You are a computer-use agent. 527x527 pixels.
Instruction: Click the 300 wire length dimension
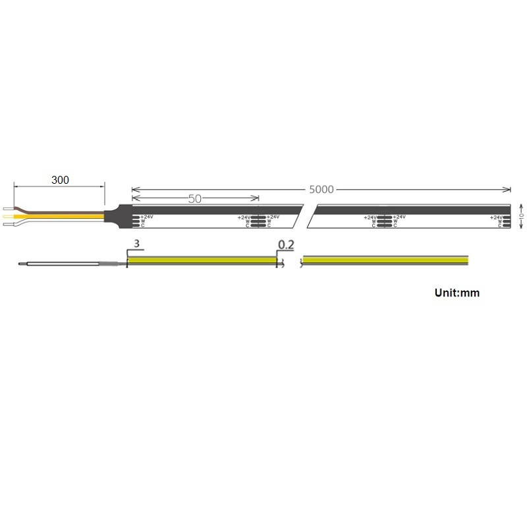point(60,179)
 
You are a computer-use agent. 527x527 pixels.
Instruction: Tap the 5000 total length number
point(321,190)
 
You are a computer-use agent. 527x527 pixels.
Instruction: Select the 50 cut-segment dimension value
point(194,198)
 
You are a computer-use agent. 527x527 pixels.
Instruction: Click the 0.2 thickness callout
point(286,245)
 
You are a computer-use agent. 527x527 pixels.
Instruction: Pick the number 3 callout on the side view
point(136,244)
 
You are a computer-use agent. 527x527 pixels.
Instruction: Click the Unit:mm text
point(457,292)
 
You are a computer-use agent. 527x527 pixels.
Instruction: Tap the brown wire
point(66,209)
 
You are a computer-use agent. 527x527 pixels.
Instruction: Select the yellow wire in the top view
point(66,215)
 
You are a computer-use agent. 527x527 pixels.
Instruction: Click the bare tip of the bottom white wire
point(9,225)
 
